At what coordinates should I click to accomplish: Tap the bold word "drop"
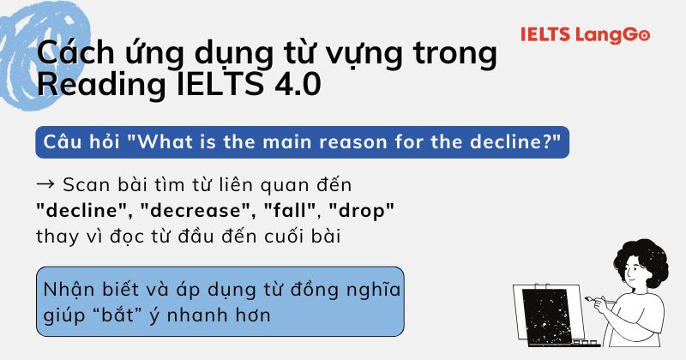(x=361, y=210)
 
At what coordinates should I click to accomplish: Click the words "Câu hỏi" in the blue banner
(x=78, y=140)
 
